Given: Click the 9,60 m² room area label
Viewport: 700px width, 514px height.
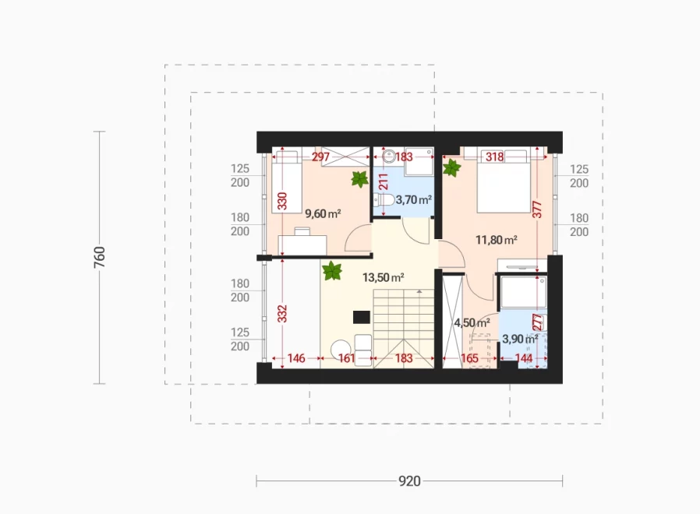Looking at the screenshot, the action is (323, 213).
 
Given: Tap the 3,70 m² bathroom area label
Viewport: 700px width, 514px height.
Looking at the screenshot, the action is (413, 199).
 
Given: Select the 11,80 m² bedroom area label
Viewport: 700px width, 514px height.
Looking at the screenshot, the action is (496, 240).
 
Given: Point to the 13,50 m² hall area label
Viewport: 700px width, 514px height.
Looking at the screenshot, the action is (383, 277).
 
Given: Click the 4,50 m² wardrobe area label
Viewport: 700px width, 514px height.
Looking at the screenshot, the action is (472, 322).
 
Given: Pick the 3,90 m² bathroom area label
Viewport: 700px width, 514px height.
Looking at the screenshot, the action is (520, 339).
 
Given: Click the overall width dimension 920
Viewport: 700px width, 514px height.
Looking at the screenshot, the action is (409, 481).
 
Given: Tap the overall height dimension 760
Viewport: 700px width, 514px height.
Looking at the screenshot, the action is (99, 257).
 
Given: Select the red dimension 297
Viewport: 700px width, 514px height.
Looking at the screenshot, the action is (320, 157).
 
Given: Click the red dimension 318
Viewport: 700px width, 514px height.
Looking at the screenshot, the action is (495, 157).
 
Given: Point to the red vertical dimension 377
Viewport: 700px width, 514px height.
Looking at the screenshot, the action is (537, 209).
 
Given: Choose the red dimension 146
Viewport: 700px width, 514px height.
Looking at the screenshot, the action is (296, 358).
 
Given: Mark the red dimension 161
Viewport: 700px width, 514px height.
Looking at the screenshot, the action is (346, 358).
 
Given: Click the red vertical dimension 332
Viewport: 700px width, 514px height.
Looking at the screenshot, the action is (282, 314).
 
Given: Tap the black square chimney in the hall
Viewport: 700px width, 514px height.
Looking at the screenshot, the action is (362, 317).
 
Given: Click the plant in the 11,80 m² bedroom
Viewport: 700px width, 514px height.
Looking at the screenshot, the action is (451, 168).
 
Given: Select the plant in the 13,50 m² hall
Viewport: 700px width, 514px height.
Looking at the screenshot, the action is (332, 271).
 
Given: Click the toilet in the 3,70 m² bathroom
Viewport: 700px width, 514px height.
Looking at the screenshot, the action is (384, 199).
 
